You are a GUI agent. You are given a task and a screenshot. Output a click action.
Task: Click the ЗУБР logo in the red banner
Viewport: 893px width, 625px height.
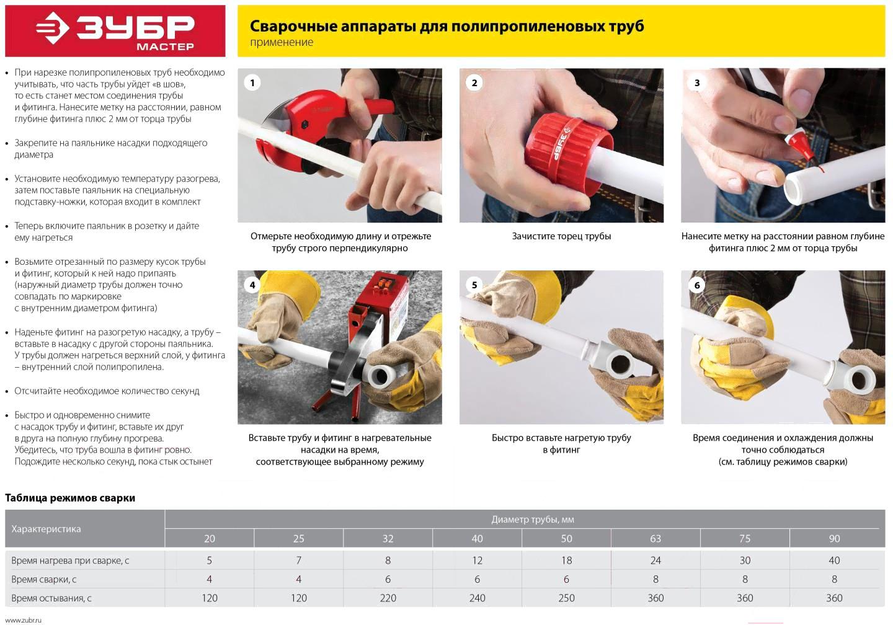coord(115,30)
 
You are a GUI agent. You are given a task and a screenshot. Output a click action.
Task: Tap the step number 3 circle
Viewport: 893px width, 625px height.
coord(696,83)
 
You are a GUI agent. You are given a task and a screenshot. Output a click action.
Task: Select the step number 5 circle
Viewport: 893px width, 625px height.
coord(474,285)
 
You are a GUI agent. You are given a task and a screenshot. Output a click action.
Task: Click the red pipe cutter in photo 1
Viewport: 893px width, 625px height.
coord(315,128)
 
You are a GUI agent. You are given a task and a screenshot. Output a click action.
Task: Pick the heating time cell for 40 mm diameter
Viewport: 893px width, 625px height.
coord(478,561)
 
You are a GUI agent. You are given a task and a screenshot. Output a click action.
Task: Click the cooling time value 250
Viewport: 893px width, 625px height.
coord(567,598)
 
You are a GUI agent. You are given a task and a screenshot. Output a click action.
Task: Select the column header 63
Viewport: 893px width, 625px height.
coord(655,539)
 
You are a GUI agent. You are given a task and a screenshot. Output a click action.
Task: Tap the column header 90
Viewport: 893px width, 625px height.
coord(835,539)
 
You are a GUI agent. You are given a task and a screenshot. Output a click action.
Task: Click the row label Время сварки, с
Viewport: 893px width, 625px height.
coord(44,580)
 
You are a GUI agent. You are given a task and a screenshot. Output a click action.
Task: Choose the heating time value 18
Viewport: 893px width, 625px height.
coord(567,561)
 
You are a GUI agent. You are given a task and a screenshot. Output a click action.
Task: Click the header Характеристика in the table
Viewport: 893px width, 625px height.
coord(47,529)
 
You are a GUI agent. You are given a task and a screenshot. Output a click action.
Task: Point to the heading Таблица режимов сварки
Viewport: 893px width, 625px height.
coord(70,498)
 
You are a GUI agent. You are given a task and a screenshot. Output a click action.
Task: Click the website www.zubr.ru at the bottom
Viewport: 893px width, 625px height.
coord(23,620)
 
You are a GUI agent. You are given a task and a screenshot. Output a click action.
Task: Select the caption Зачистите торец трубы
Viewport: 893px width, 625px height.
coord(561,236)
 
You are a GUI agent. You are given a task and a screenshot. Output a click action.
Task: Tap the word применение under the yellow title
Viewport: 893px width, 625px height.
coord(282,42)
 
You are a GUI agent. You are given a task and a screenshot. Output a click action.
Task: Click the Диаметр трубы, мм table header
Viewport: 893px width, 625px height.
coord(533,520)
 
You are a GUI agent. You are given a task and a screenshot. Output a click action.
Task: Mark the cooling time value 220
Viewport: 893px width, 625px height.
coord(388,598)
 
